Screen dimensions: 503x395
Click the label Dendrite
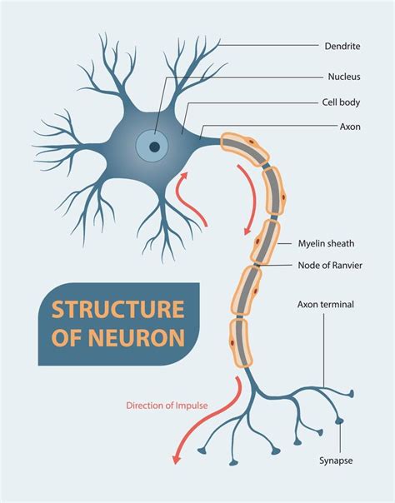click(x=342, y=45)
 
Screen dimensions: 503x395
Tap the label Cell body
click(x=342, y=103)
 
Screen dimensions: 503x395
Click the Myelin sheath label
click(x=326, y=244)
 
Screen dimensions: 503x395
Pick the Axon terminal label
click(x=326, y=305)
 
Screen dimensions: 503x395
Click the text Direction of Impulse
click(x=167, y=406)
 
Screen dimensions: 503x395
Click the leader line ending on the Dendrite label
click(x=267, y=45)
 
